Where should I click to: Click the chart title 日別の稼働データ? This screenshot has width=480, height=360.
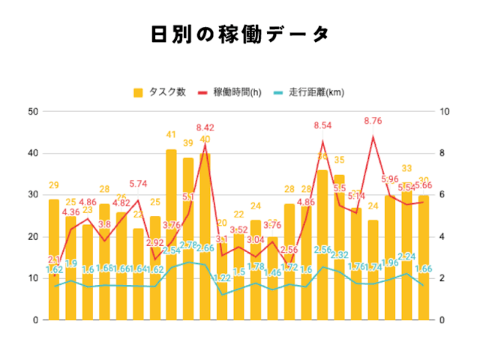pyautogui.click(x=240, y=35)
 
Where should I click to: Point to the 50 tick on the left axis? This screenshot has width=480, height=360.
pyautogui.click(x=34, y=112)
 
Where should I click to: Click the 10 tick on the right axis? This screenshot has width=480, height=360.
pyautogui.click(x=448, y=112)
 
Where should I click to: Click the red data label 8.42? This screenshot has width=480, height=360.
pyautogui.click(x=205, y=127)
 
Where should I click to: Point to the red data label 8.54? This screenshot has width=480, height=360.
pyautogui.click(x=322, y=125)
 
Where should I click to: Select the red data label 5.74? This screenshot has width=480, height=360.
pyautogui.click(x=138, y=183)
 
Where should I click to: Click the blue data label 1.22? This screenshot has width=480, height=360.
pyautogui.click(x=222, y=278)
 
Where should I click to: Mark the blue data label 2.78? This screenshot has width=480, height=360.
pyautogui.click(x=188, y=245)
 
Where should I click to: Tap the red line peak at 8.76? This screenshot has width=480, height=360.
pyautogui.click(x=373, y=136)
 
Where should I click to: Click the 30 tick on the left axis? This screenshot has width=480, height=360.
pyautogui.click(x=34, y=195)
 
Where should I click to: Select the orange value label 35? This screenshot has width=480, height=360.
pyautogui.click(x=339, y=160)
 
